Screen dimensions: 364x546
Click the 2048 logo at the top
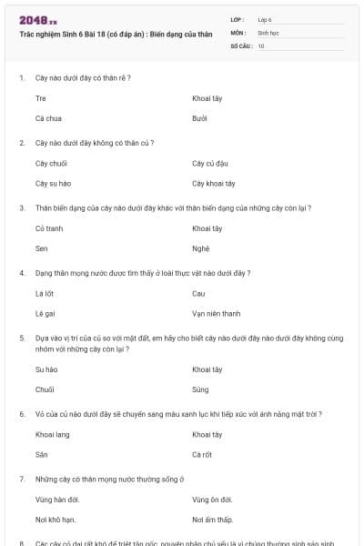(38, 20)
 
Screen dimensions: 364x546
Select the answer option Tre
(41, 97)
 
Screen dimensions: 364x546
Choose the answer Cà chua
(49, 118)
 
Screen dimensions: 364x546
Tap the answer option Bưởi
(200, 118)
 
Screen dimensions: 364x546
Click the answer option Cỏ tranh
(49, 227)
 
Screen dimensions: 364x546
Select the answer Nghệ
(201, 248)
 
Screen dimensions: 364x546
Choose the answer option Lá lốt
(45, 293)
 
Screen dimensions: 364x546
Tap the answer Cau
(199, 293)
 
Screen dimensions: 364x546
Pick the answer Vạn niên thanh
(217, 314)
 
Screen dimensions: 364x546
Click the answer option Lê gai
(45, 314)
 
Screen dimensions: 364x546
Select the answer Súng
(201, 389)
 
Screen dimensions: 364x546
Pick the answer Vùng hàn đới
(57, 499)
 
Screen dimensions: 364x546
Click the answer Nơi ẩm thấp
(213, 520)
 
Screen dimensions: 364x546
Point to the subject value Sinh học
(268, 32)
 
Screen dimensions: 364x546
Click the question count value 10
(261, 45)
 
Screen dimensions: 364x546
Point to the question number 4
(22, 273)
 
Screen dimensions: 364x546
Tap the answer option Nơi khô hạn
(56, 520)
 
